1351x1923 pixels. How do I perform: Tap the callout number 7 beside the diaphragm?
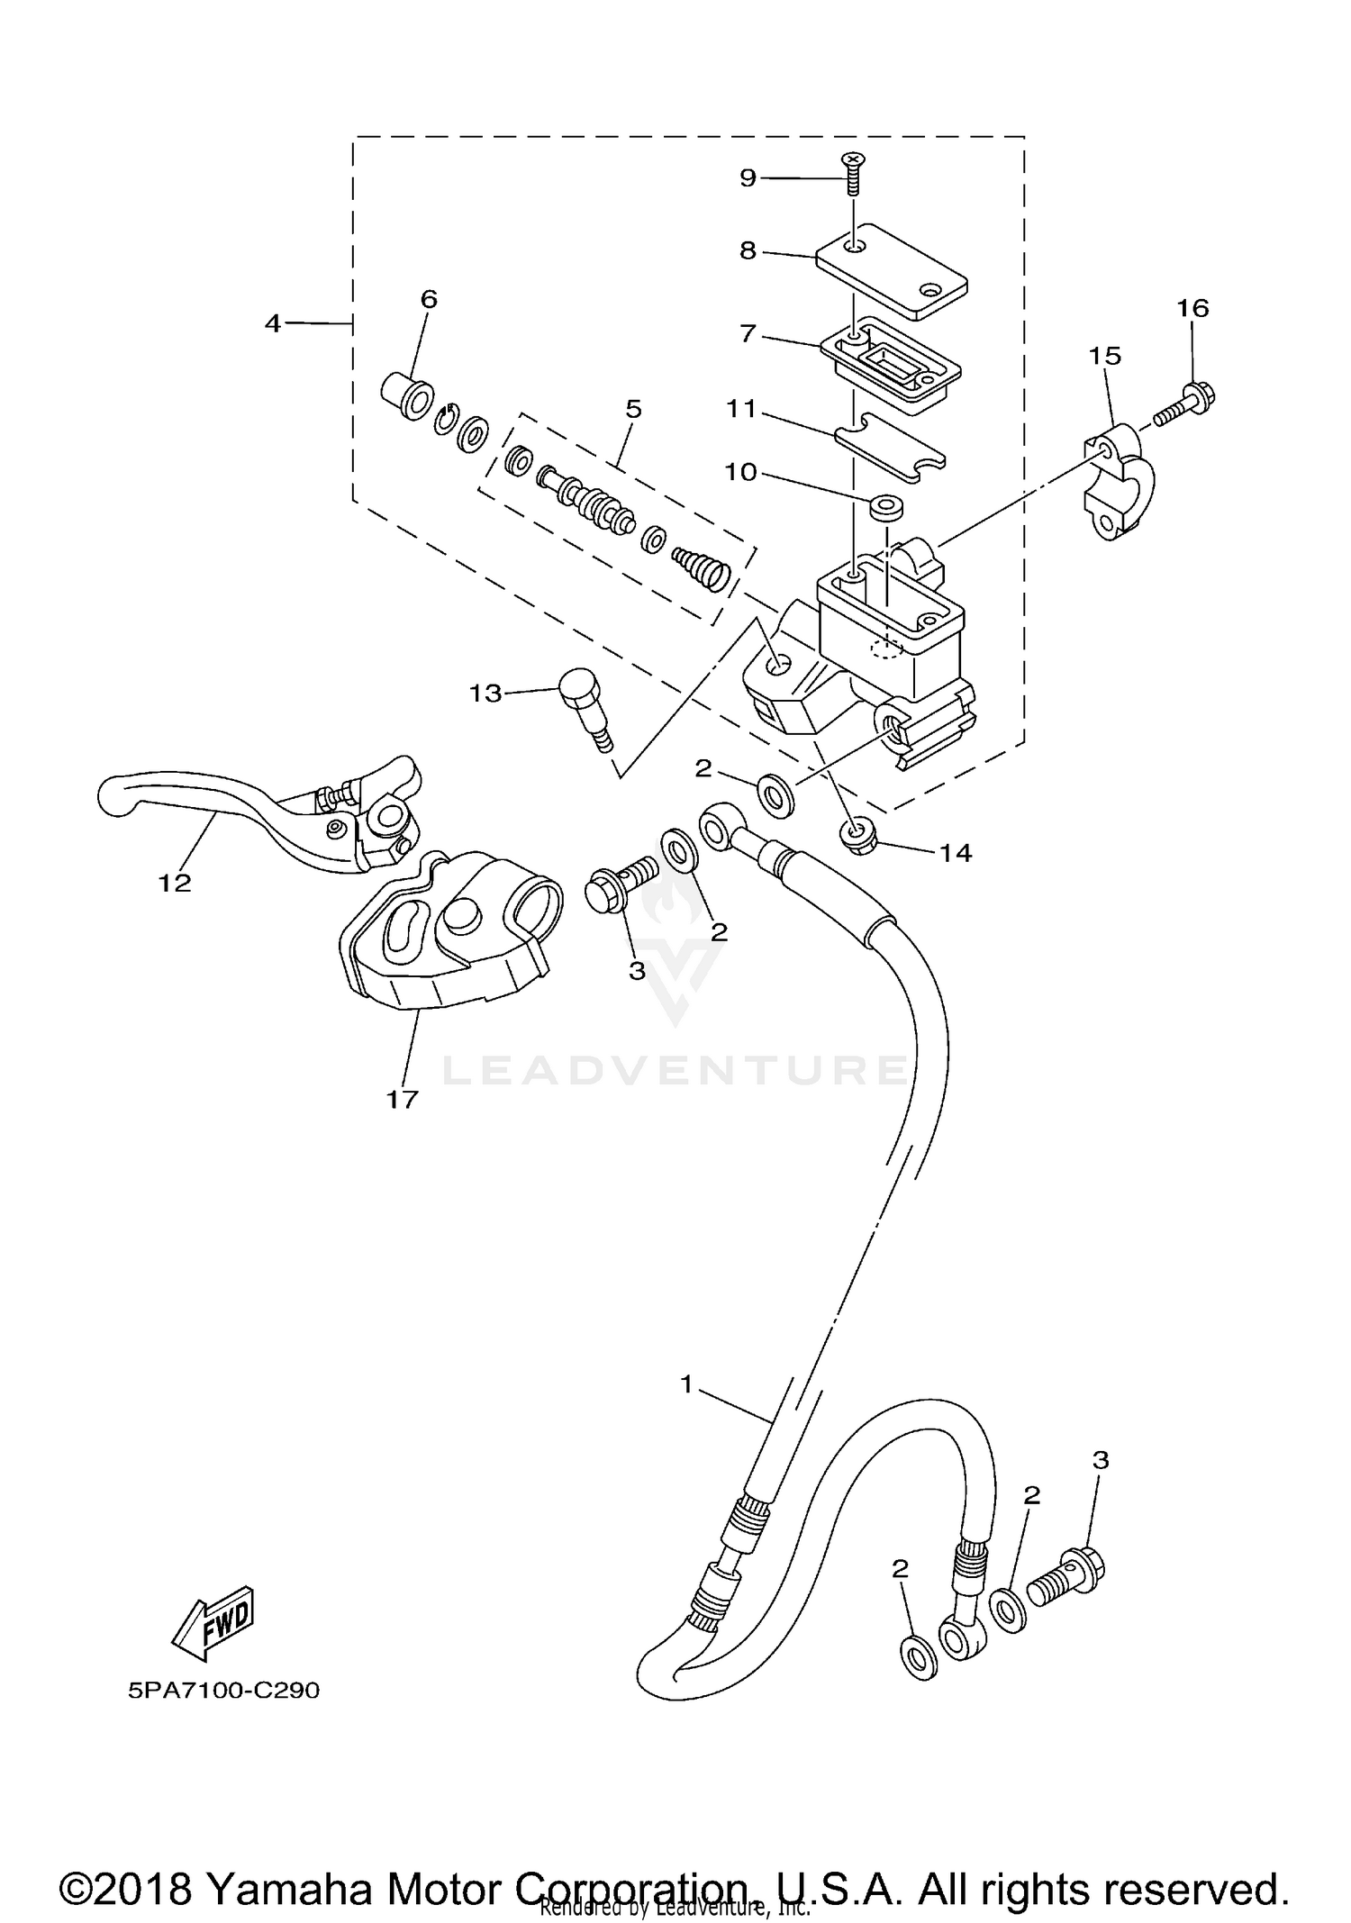pos(748,334)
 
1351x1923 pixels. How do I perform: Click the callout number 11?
pos(741,409)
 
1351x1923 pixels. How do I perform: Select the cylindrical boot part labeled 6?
pos(407,397)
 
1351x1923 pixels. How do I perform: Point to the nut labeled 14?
pos(860,837)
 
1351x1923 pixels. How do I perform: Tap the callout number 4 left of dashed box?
pos(274,323)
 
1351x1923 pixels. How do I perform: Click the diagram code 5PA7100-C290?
pos(223,1691)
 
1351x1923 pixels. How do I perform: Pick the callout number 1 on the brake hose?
pos(686,1384)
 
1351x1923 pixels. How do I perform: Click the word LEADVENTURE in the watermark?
pos(675,1071)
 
